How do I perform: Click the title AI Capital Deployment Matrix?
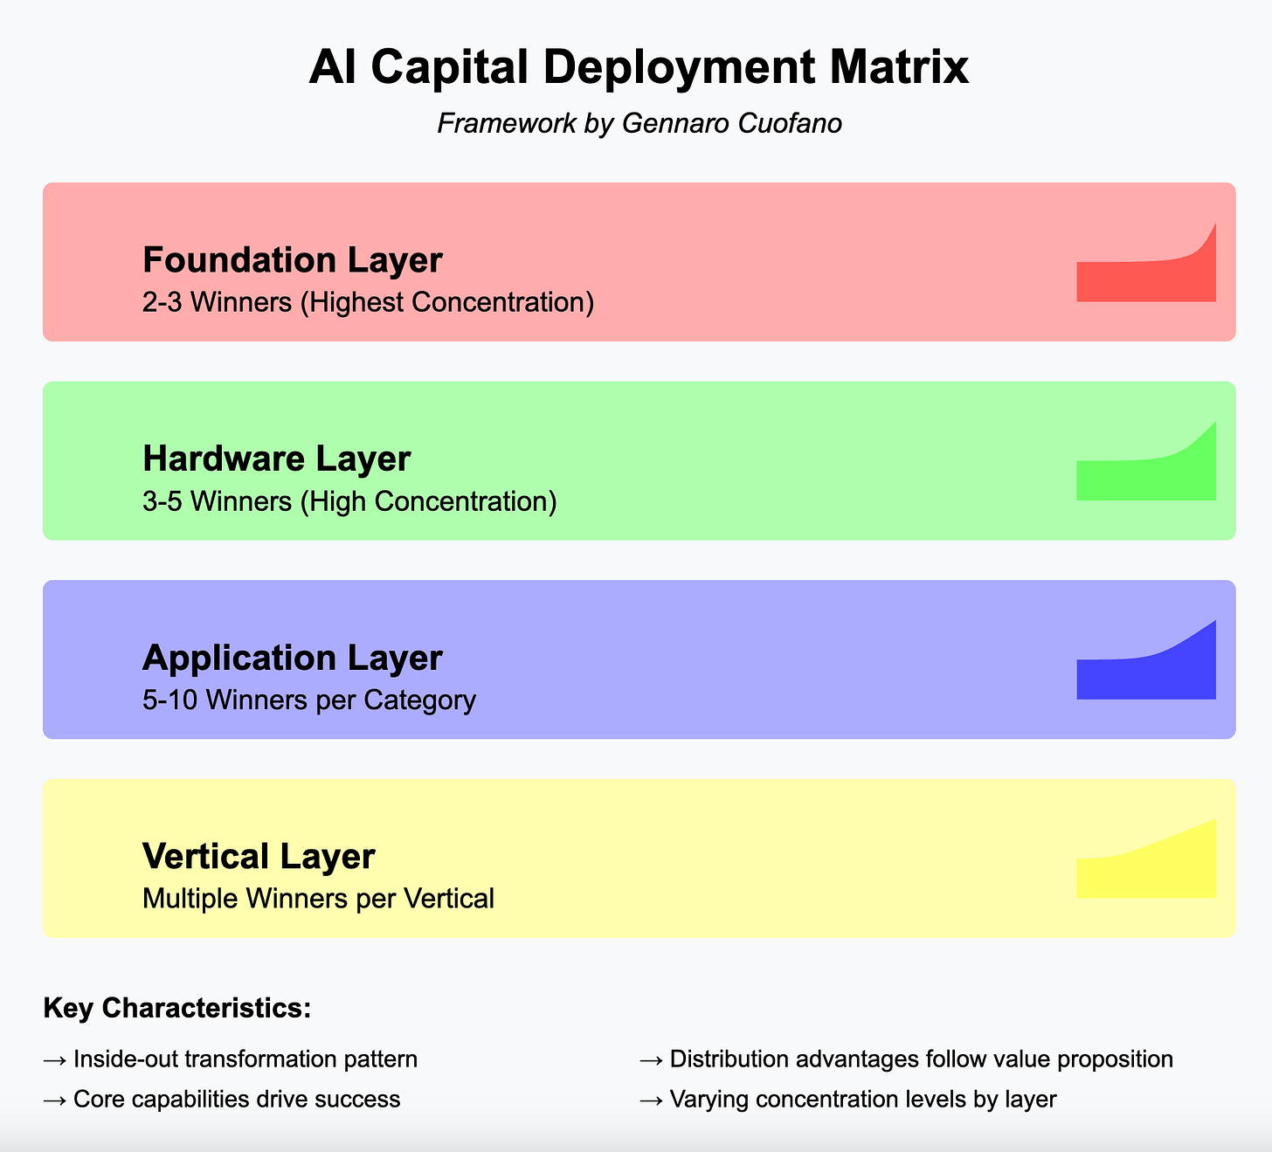tap(639, 68)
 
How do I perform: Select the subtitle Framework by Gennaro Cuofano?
tap(639, 123)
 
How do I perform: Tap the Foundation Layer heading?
tap(292, 260)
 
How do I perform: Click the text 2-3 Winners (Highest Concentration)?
tap(368, 302)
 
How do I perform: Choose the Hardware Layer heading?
tap(276, 459)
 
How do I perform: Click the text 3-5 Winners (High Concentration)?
tap(349, 501)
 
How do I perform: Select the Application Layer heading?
tap(292, 658)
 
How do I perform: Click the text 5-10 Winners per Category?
tap(308, 700)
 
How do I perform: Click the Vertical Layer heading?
tap(258, 856)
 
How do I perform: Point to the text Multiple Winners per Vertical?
tap(318, 898)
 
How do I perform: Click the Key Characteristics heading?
tap(177, 1008)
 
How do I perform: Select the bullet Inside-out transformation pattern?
tap(245, 1059)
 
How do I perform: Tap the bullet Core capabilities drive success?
tap(236, 1099)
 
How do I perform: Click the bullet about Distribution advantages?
tap(921, 1059)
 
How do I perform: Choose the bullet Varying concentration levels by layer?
tap(862, 1099)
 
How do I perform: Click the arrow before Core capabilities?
tap(55, 1100)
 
